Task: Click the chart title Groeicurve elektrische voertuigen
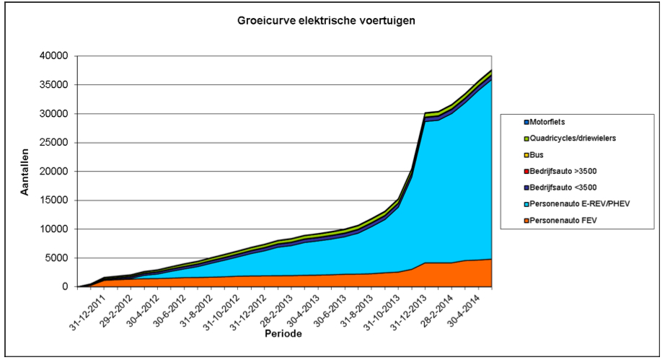pos(326,21)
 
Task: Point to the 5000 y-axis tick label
pos(55,258)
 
